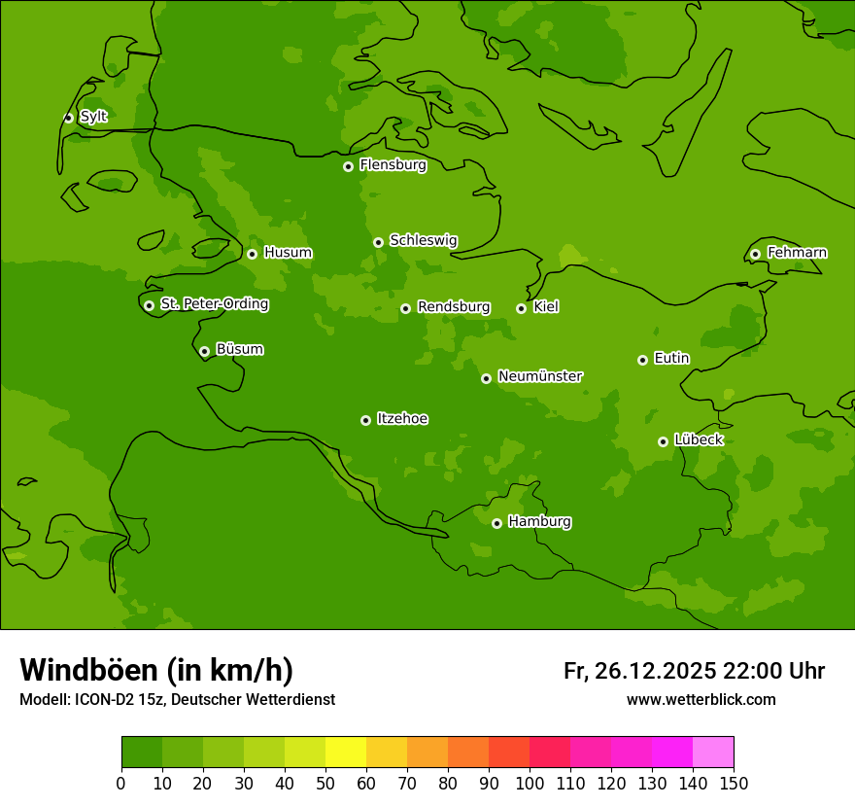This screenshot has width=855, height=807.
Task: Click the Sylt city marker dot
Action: [68, 118]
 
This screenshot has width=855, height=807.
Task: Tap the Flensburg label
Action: [393, 165]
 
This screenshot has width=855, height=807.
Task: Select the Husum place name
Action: [288, 253]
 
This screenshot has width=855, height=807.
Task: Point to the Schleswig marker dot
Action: [378, 242]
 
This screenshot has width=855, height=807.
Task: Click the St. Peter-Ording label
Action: [214, 304]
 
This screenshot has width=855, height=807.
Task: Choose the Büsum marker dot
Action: [204, 351]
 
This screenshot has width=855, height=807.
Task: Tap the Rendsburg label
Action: [454, 307]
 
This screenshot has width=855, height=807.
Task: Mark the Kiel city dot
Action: [521, 308]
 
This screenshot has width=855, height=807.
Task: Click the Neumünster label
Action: [539, 376]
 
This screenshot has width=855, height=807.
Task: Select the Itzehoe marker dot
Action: [365, 420]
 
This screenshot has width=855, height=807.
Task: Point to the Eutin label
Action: [671, 359]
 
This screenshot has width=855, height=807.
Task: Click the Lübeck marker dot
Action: [663, 441]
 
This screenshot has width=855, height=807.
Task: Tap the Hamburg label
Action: [539, 522]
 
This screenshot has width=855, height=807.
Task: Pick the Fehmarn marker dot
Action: [755, 254]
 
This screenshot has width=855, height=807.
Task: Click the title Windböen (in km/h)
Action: [156, 670]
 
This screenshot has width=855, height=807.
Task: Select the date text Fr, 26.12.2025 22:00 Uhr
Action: [694, 671]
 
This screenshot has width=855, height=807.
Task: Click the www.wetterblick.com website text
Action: [701, 700]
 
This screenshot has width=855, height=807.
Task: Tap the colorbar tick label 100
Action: [530, 784]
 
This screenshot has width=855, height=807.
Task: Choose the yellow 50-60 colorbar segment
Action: [346, 753]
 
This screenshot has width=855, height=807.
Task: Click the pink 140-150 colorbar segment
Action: [713, 753]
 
